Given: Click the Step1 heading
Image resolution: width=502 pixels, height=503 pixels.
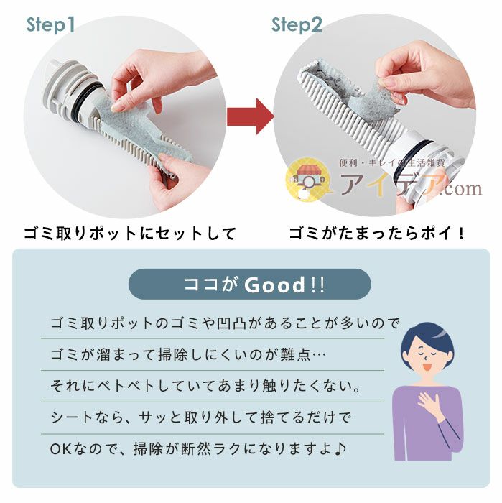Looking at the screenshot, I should pyautogui.click(x=50, y=26).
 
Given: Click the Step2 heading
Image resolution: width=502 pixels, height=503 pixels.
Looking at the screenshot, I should pyautogui.click(x=296, y=26).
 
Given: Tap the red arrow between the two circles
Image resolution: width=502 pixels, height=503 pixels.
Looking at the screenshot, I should pyautogui.click(x=249, y=115).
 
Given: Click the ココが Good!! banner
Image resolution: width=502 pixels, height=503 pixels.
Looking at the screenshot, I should pyautogui.click(x=249, y=285).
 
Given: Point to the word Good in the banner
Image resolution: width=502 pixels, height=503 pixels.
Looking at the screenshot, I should pyautogui.click(x=275, y=285).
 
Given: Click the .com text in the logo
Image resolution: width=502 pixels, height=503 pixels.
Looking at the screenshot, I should pyautogui.click(x=457, y=188).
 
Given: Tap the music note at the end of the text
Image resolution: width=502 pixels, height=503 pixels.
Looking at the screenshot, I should pyautogui.click(x=340, y=449).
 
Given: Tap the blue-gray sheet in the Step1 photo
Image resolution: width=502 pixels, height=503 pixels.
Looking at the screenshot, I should pyautogui.click(x=136, y=129).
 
